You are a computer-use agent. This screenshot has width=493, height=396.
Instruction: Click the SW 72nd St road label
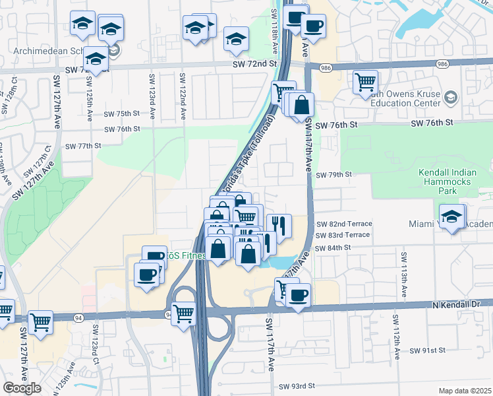pyautogui.click(x=254, y=62)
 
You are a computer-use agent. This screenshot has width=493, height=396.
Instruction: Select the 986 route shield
pyautogui.click(x=325, y=67)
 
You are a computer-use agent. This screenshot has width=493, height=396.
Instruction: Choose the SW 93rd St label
pyautogui.click(x=297, y=386)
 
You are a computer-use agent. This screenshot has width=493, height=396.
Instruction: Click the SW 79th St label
pyautogui.click(x=334, y=175)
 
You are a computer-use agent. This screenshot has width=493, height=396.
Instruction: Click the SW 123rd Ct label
pyautogui.click(x=96, y=343)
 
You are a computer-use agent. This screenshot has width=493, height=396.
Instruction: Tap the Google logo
pyautogui.click(x=22, y=388)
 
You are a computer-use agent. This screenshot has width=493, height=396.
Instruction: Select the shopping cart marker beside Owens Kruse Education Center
pyautogui.click(x=365, y=83)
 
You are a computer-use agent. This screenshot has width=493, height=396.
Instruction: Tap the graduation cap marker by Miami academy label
pyautogui.click(x=452, y=216)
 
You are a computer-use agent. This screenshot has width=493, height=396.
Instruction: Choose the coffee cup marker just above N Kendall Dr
pyautogui.click(x=298, y=294)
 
